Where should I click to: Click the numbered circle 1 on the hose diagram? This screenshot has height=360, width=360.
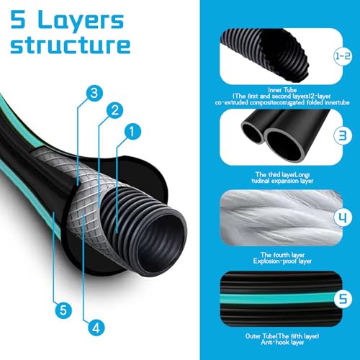[132, 131]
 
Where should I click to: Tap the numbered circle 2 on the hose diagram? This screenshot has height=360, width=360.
[114, 110]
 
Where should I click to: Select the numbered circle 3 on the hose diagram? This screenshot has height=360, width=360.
[94, 93]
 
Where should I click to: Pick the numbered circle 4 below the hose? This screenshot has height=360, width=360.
[96, 328]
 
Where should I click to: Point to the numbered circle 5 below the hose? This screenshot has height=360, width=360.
[63, 310]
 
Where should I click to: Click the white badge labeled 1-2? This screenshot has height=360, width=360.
[343, 56]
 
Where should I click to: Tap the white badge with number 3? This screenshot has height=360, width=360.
[343, 135]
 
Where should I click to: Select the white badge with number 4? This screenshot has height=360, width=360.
[343, 217]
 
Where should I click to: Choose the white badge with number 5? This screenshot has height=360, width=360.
[343, 299]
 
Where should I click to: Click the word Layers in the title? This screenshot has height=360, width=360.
[81, 21]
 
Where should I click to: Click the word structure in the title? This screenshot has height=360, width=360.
[71, 45]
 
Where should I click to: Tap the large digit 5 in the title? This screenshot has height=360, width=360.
[18, 19]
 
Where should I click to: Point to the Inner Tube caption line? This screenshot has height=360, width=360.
[282, 90]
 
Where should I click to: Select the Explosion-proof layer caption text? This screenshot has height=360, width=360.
[282, 261]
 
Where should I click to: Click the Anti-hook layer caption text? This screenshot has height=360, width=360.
[282, 342]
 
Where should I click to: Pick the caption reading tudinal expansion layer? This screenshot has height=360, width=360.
[282, 181]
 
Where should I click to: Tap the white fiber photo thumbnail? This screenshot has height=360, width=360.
[282, 217]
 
